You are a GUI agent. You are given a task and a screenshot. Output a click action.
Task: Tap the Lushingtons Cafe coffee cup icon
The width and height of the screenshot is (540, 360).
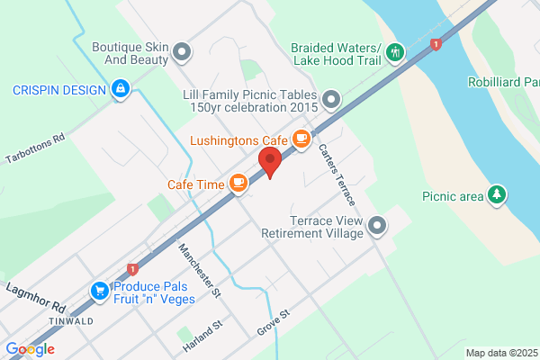click(301, 139)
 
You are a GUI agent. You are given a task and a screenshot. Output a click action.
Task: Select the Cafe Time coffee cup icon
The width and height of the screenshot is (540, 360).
click(238, 184)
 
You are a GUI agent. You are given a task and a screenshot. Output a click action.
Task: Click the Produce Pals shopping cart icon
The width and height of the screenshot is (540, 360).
click(99, 291)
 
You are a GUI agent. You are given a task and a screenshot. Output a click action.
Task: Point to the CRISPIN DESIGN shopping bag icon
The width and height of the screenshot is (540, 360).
click(120, 89)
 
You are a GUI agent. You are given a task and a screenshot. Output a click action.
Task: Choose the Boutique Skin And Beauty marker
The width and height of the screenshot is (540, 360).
click(184, 52)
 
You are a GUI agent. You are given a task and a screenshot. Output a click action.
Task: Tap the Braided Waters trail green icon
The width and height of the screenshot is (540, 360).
click(394, 53)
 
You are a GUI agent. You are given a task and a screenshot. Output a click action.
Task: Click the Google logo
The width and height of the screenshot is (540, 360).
click(30, 349)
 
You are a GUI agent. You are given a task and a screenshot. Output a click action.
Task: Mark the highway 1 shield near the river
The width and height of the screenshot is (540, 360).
click(436, 43)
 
